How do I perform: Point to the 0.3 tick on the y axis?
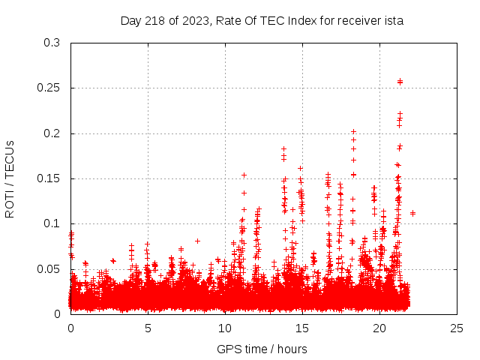coord(52,43)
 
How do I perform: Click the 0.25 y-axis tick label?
coord(49,88)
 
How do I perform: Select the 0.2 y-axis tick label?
coord(52,133)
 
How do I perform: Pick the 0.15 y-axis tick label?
coord(49,178)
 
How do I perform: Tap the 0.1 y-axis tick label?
coord(52,223)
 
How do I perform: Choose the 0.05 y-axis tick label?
coord(49,268)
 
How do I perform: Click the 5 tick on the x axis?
coord(148,328)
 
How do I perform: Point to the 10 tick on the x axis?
coord(225,328)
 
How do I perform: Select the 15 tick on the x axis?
coord(302,328)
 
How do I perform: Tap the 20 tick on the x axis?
coord(379,328)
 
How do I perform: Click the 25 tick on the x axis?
coord(457,328)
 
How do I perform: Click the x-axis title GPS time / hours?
coord(262,349)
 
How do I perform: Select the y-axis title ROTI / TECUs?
coord(10,178)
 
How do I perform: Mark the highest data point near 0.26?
coord(400,81)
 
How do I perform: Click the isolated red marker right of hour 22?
coord(412,213)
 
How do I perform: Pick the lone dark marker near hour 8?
coord(197,241)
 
